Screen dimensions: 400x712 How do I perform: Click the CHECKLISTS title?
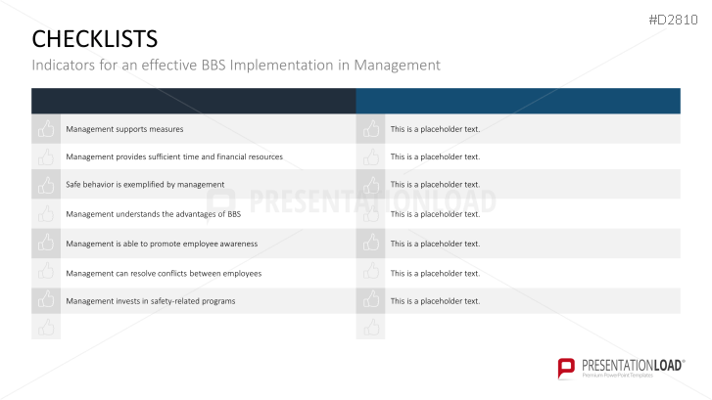[x=94, y=38]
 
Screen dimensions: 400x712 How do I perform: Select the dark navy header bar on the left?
[x=193, y=101]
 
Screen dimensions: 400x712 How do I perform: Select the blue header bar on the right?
[x=517, y=101]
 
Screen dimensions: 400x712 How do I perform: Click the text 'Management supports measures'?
[x=124, y=129]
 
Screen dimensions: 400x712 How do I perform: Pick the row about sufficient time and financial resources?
[x=173, y=156]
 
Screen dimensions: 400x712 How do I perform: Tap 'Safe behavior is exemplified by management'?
[x=145, y=184]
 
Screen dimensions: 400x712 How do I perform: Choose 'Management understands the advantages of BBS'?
[x=153, y=213]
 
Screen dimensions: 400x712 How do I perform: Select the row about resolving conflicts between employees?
[x=164, y=273]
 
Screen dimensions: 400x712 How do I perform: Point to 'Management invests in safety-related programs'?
[x=150, y=301]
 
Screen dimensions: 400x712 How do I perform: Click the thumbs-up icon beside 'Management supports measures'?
[x=46, y=129]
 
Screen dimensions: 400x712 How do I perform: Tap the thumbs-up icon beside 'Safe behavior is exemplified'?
[x=46, y=184]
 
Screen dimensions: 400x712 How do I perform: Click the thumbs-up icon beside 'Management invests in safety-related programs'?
[x=46, y=301]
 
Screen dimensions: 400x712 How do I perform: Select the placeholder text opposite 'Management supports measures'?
[x=435, y=129]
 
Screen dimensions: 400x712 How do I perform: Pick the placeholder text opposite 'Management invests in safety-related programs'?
[x=435, y=301]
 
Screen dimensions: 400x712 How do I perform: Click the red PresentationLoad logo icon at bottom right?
[x=566, y=368]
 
